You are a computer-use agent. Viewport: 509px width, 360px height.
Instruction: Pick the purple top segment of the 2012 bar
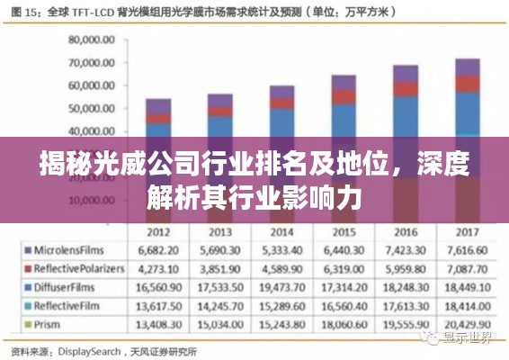click(158, 106)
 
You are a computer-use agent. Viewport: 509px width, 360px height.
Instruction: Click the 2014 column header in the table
click(281, 229)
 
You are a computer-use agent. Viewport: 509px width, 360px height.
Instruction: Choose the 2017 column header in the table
click(466, 229)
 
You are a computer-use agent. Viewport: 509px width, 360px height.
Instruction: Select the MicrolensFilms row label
click(71, 248)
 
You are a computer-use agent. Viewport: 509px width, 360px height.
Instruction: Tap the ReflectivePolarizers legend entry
click(76, 267)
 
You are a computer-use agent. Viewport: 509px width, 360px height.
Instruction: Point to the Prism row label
click(50, 323)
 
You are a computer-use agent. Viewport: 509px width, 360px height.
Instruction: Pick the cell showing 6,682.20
click(158, 248)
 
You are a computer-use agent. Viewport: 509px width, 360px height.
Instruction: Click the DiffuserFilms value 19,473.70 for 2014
click(281, 286)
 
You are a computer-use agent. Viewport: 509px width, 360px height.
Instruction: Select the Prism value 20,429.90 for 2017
click(466, 323)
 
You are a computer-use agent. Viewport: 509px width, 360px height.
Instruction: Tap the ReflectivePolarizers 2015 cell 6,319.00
click(343, 267)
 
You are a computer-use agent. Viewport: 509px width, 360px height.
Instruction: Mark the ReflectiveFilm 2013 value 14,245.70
click(219, 305)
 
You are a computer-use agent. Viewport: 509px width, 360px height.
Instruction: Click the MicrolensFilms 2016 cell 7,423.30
click(405, 248)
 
